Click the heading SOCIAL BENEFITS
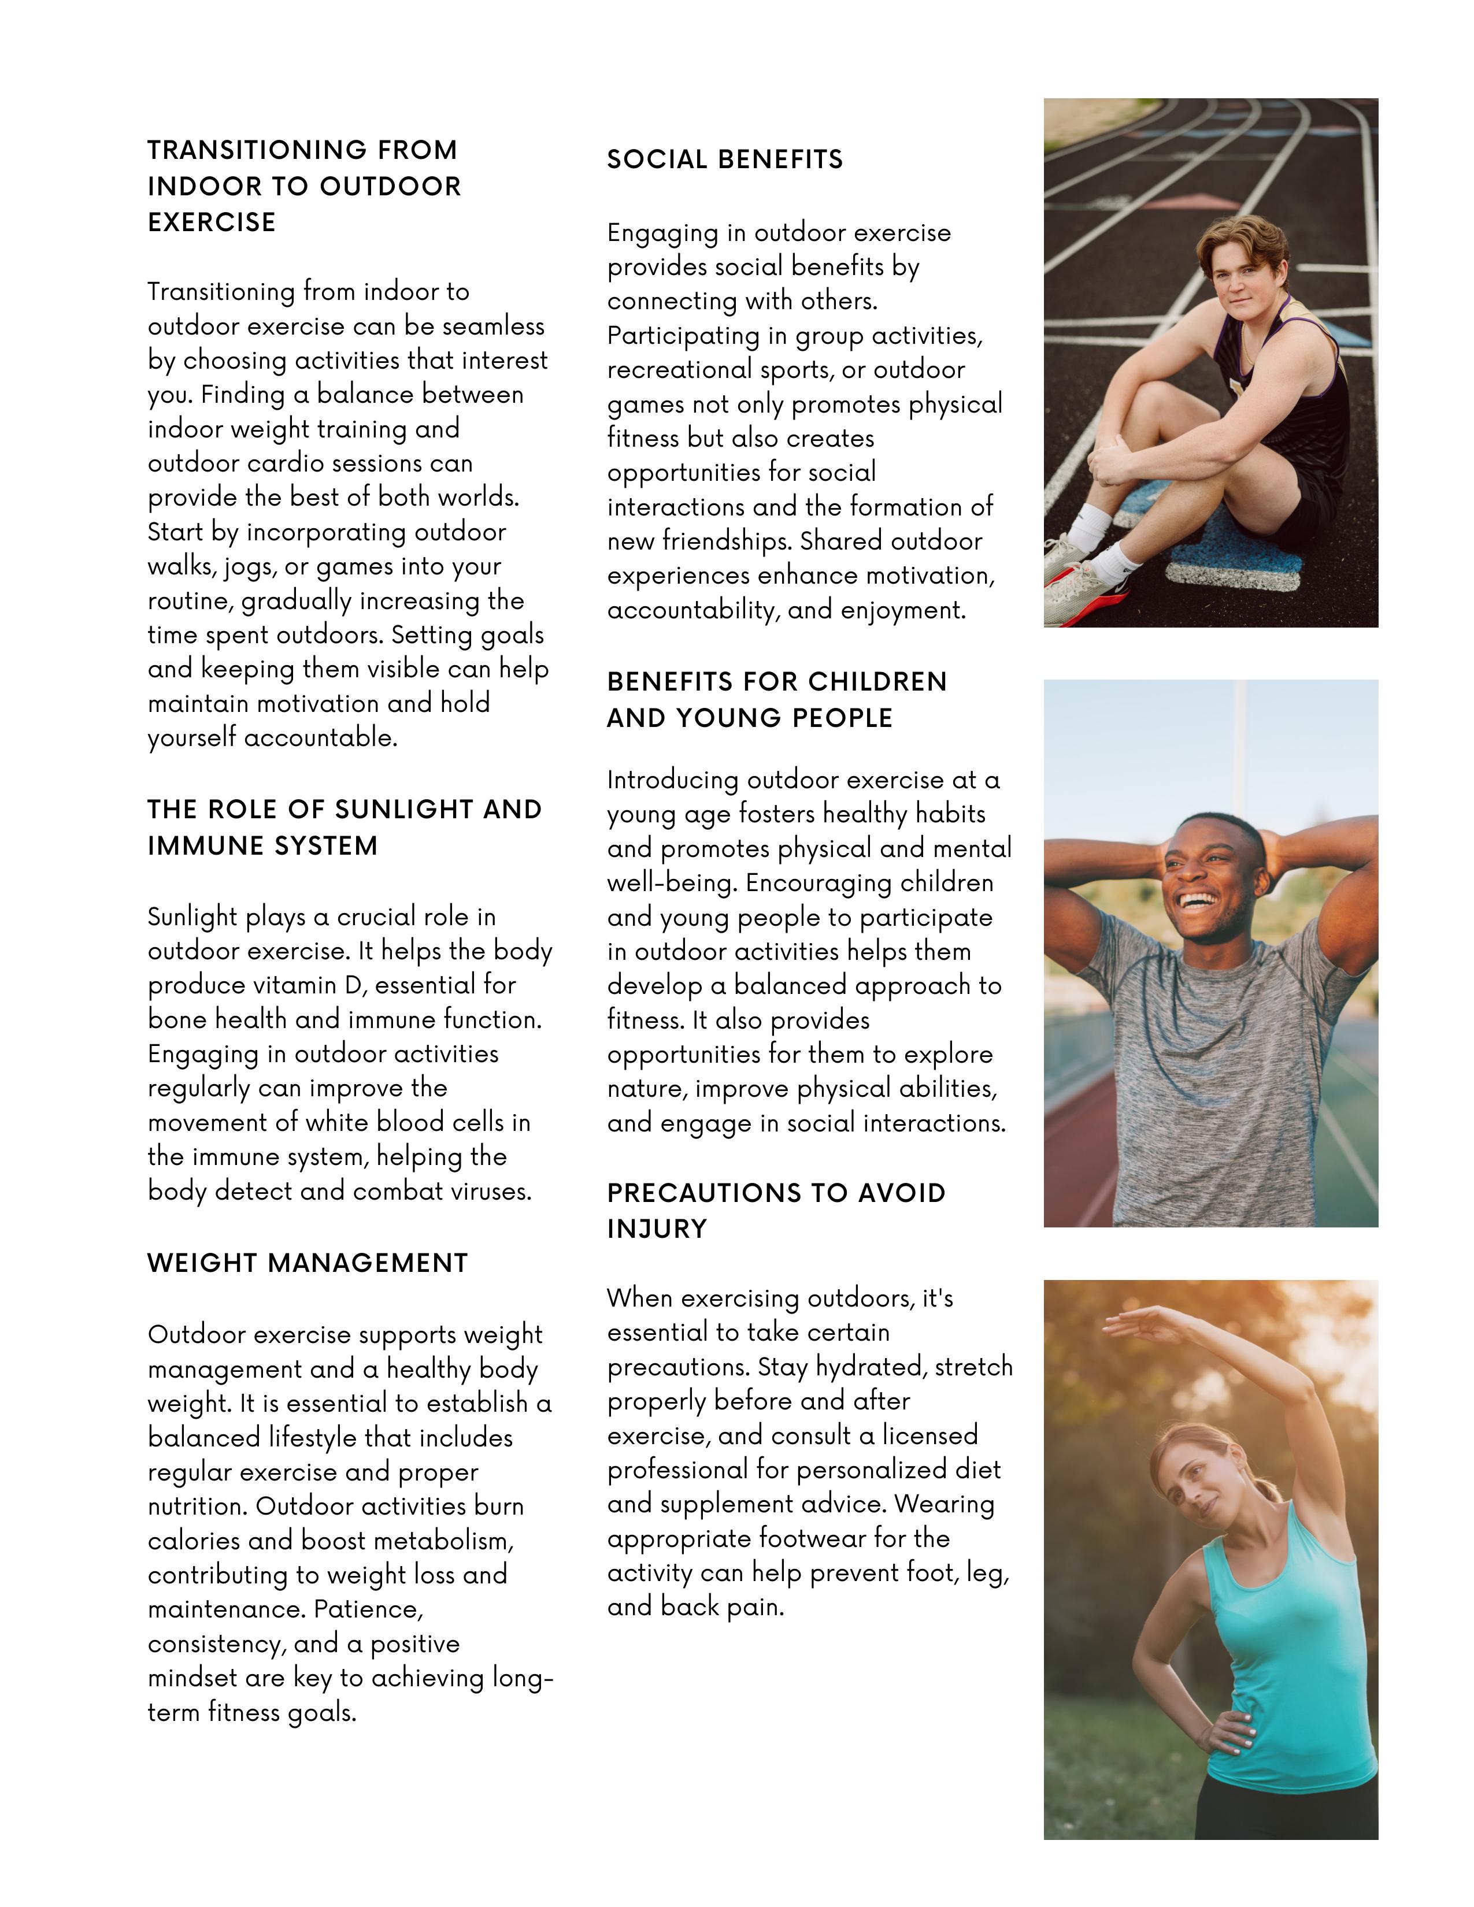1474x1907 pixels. coord(725,160)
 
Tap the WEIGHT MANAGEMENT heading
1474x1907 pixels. coord(308,1263)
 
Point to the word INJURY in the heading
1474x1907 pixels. coord(657,1229)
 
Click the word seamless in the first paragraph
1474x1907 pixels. coord(494,327)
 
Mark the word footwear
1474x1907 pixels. coord(810,1538)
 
